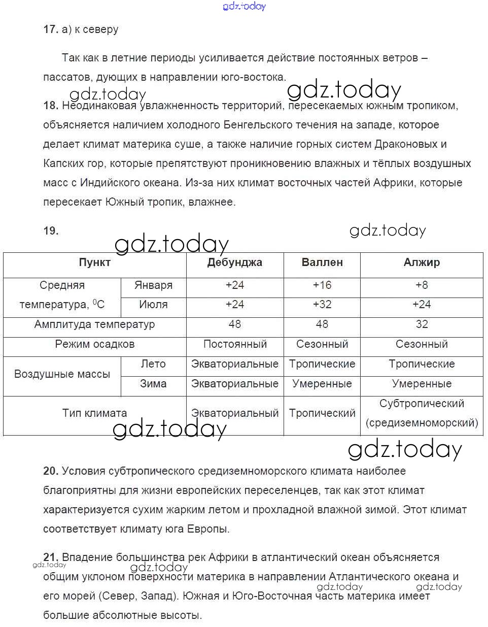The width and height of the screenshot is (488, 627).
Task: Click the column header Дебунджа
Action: click(234, 262)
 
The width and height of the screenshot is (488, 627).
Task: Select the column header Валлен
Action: click(322, 262)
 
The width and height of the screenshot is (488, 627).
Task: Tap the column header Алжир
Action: click(422, 262)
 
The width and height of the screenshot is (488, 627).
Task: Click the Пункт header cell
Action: click(94, 262)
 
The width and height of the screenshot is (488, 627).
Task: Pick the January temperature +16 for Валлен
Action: click(322, 285)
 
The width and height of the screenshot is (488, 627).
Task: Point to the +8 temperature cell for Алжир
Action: click(422, 285)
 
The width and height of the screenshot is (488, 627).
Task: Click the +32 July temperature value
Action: click(322, 305)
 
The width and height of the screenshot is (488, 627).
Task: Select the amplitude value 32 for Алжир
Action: click(422, 324)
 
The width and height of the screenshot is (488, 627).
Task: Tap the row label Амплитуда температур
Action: click(94, 324)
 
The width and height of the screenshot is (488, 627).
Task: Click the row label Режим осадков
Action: click(94, 344)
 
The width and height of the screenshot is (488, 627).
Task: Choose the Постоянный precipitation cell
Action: click(235, 344)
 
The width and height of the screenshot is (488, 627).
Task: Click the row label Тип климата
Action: click(94, 413)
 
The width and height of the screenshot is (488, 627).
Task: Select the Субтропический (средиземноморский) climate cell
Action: click(422, 413)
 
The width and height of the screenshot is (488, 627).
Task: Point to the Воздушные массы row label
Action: click(62, 374)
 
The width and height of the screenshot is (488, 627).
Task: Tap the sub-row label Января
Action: click(153, 285)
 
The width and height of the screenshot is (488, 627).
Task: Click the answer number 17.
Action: click(51, 29)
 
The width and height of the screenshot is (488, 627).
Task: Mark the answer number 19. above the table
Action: click(51, 231)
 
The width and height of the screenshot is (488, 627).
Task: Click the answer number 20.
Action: click(51, 471)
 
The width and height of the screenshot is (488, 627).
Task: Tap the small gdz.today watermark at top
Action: click(244, 6)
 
